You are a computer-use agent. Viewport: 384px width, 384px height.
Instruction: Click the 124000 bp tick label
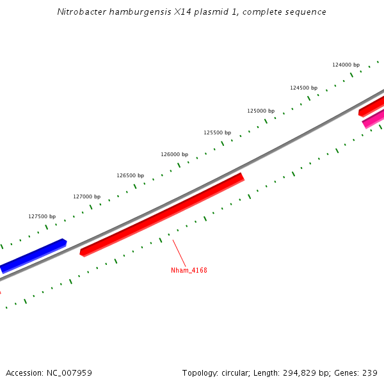tap(346, 65)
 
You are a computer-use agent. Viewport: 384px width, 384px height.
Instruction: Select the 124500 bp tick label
tap(303, 88)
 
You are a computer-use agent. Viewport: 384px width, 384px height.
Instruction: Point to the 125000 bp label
tap(260, 111)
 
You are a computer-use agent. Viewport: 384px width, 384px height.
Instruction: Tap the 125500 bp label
tap(217, 132)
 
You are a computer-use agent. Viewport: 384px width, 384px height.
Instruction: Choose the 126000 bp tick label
tap(174, 154)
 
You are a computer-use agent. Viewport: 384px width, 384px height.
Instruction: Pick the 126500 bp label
tap(130, 175)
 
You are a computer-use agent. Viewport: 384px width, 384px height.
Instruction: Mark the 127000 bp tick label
tap(86, 196)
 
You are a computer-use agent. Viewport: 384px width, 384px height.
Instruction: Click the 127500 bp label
tap(42, 216)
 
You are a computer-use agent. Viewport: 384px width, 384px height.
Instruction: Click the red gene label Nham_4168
tap(189, 270)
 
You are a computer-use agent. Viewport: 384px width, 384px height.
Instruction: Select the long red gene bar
tap(162, 214)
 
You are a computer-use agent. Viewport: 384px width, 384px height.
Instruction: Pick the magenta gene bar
tap(374, 118)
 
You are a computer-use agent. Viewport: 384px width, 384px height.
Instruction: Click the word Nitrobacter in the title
tap(79, 12)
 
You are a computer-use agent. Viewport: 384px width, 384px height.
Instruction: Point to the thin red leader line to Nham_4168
tap(179, 253)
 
